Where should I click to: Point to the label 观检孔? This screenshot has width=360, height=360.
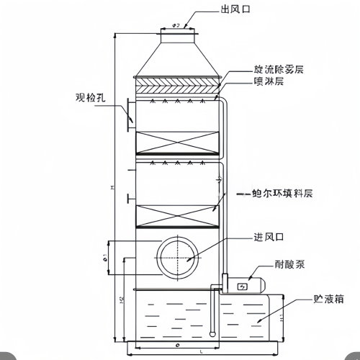(90, 95)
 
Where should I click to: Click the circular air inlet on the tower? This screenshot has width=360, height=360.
(176, 256)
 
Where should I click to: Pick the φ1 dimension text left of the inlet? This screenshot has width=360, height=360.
(106, 256)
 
